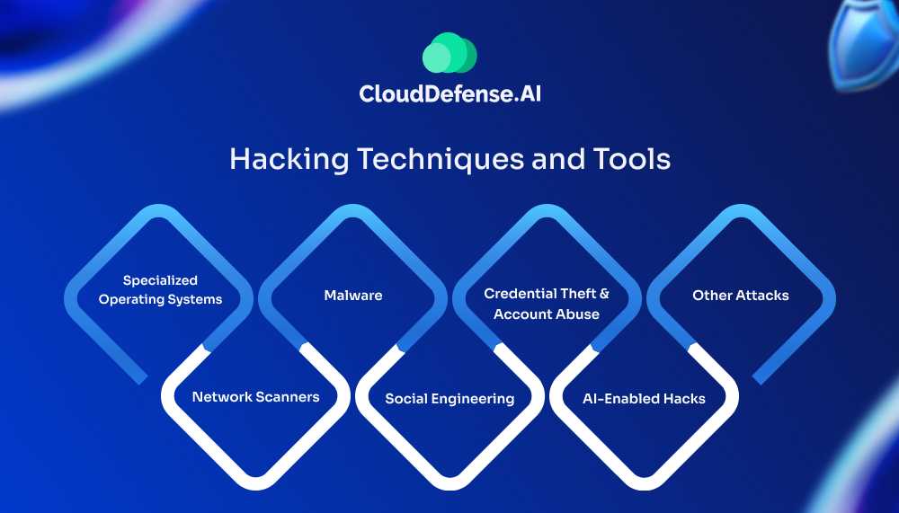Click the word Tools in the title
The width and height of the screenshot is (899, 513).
point(631,159)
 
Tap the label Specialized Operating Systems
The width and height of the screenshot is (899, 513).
point(160,290)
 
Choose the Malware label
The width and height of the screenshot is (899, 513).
point(353,295)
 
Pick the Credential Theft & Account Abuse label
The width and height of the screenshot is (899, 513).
point(547,304)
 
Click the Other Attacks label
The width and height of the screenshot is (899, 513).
point(740,295)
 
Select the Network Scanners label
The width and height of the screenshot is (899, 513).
point(255,396)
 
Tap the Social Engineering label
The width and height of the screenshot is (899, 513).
point(449,398)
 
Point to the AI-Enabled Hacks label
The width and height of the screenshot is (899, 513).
point(644,398)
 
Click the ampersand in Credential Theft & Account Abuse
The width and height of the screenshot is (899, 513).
point(603,294)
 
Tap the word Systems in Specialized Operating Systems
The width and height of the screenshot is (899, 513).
point(198,299)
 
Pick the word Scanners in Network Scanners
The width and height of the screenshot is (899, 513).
point(288,396)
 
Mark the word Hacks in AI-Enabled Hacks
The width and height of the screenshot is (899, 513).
point(685,398)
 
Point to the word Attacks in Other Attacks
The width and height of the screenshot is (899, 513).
point(762,295)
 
